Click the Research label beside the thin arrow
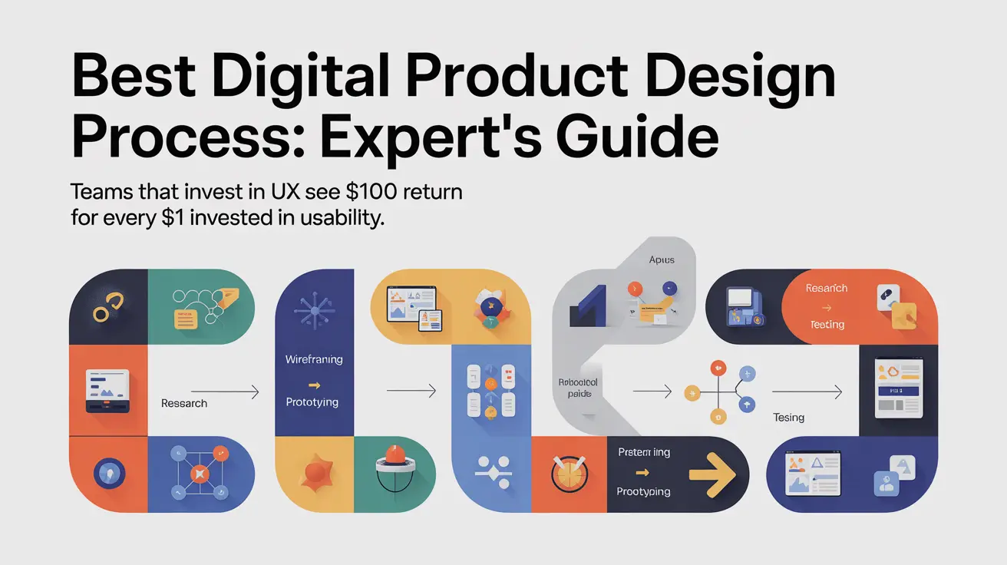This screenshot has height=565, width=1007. pyautogui.click(x=184, y=403)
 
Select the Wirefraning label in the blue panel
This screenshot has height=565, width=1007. pyautogui.click(x=314, y=359)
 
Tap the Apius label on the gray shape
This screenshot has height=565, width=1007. pyautogui.click(x=662, y=260)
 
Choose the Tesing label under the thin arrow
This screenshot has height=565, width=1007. pyautogui.click(x=789, y=418)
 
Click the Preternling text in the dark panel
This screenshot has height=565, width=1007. pyautogui.click(x=644, y=452)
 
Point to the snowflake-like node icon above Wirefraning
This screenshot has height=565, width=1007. pyautogui.click(x=313, y=314)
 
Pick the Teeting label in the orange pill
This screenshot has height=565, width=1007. pyautogui.click(x=827, y=325)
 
